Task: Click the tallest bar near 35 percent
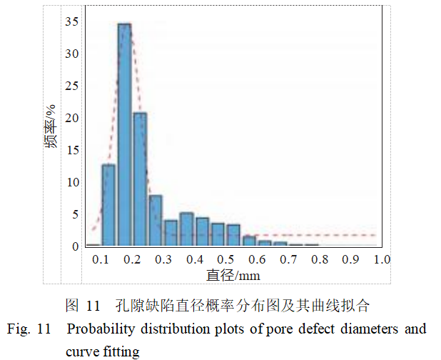coord(124,136)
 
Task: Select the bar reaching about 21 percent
coord(140,179)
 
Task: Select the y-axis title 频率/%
coord(50,127)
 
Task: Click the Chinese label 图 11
coord(83,306)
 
